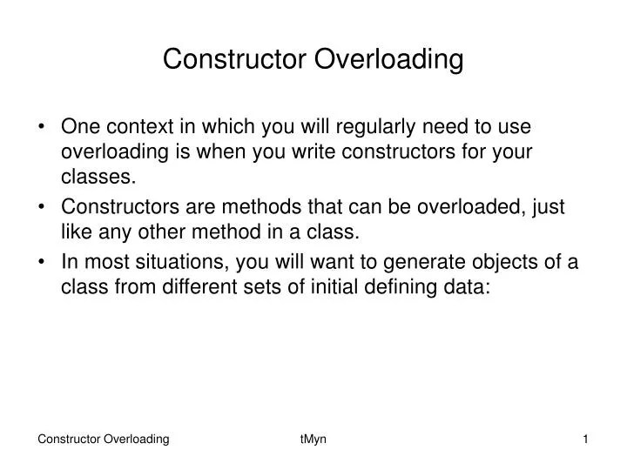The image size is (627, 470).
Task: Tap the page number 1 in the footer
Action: (x=586, y=440)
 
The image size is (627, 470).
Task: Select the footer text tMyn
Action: (x=313, y=440)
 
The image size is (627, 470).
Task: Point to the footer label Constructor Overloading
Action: (x=104, y=440)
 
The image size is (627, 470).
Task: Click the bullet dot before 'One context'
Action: (x=44, y=126)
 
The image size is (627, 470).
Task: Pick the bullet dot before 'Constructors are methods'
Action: (x=44, y=207)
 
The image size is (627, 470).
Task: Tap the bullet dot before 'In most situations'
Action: (x=44, y=261)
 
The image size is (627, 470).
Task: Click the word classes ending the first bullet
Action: (x=98, y=178)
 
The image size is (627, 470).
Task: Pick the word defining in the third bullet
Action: (x=402, y=287)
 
